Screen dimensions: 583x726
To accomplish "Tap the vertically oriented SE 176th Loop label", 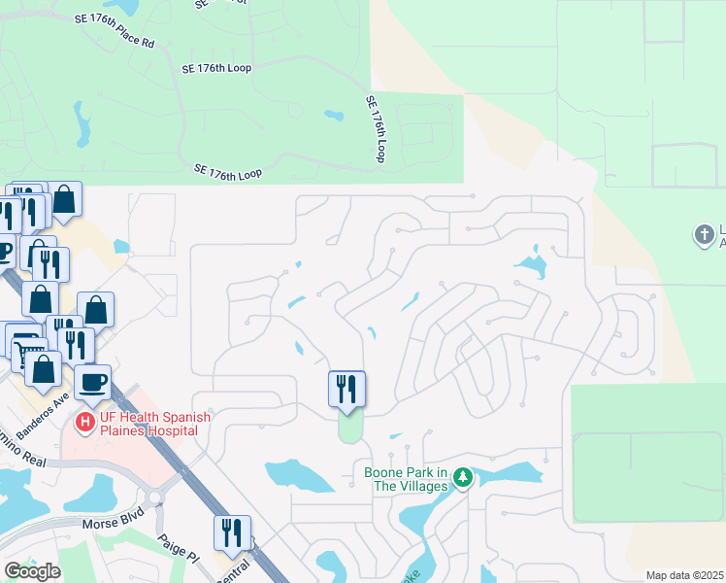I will [x=376, y=127].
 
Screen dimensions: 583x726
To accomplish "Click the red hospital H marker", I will [x=85, y=423].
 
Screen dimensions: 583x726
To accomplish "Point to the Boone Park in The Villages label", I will [x=405, y=479].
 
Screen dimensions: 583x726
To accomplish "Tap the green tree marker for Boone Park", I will [x=464, y=476].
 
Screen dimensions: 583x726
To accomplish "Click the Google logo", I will [x=32, y=571].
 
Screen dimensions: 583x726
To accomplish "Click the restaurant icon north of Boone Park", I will [x=346, y=388].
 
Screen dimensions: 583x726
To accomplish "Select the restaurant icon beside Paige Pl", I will [x=232, y=532].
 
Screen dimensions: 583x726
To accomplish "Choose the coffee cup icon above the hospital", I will [x=92, y=381].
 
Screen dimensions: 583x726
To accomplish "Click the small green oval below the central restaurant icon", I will [x=349, y=426].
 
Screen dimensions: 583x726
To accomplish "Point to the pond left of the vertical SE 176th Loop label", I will [x=334, y=116].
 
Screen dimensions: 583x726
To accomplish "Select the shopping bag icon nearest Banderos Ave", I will [x=44, y=368].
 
